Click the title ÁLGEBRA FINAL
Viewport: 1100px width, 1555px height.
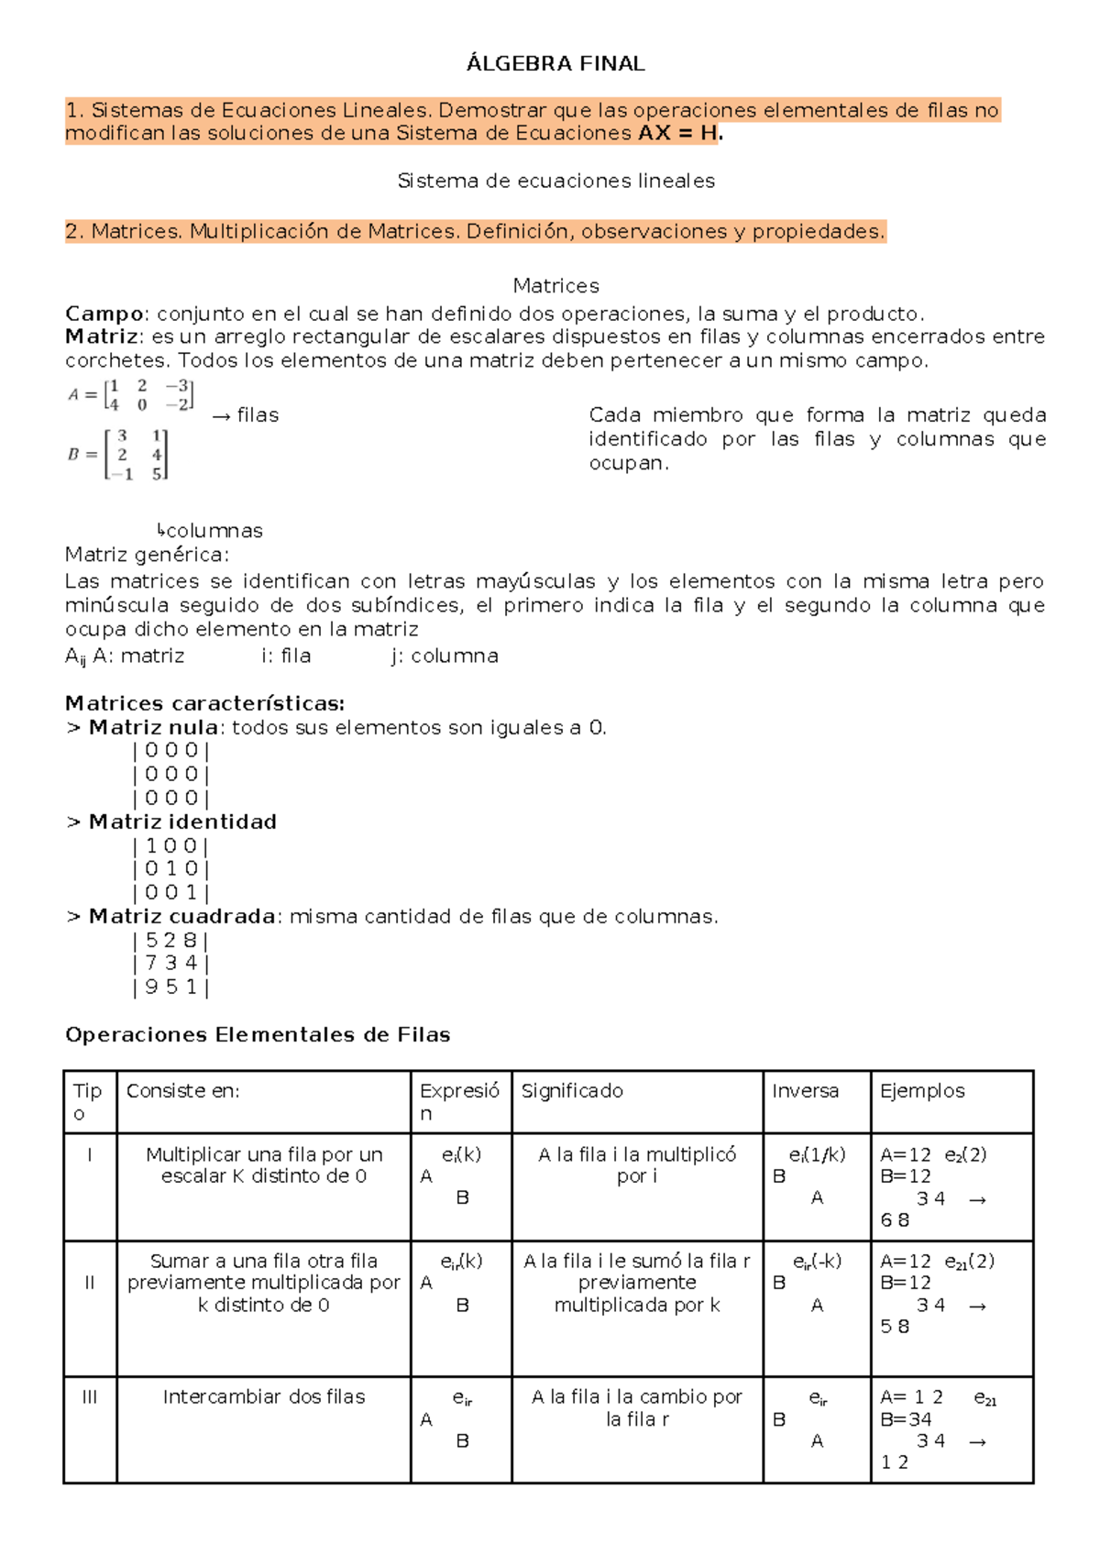point(555,63)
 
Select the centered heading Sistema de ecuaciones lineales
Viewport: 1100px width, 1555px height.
point(555,182)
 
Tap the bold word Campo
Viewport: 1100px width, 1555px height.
point(104,314)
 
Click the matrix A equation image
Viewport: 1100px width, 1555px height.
point(131,394)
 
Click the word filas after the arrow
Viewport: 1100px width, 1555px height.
point(258,415)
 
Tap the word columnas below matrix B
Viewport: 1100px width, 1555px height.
point(214,531)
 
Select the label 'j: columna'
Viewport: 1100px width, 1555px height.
point(445,656)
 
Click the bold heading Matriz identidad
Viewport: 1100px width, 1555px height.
point(181,822)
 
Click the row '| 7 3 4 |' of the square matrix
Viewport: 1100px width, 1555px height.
point(170,964)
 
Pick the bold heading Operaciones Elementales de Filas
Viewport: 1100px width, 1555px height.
point(258,1035)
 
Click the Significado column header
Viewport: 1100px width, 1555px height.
point(572,1091)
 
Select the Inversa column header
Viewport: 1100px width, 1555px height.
point(805,1091)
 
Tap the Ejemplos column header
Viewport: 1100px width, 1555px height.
point(922,1091)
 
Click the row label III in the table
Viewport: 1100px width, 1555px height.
point(89,1397)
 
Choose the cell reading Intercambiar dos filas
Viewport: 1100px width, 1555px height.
point(264,1397)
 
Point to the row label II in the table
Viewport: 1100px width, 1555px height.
point(89,1283)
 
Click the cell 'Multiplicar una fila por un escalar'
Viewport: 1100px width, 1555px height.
point(264,1165)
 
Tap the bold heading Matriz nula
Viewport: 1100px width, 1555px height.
point(153,728)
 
